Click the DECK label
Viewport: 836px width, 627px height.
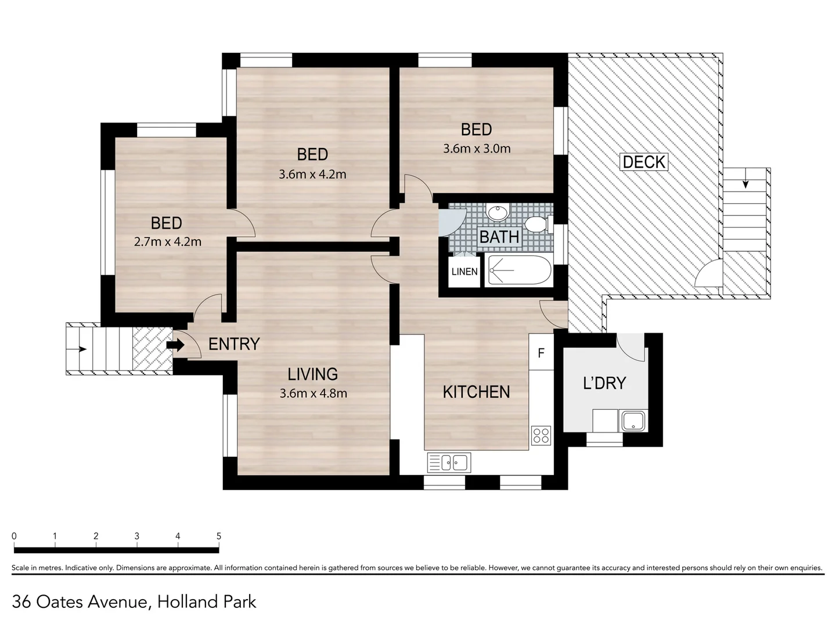coord(644,161)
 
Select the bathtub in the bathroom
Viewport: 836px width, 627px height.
coord(518,271)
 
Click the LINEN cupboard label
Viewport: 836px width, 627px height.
coord(464,272)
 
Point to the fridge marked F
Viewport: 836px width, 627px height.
coord(541,353)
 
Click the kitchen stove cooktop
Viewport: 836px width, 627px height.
coord(541,435)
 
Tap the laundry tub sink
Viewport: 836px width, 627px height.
coord(633,420)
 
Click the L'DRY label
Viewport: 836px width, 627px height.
coord(604,383)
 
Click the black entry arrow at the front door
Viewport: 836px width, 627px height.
coord(176,345)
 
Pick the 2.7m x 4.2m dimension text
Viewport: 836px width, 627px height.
coord(168,242)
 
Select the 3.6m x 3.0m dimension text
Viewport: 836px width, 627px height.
coord(477,149)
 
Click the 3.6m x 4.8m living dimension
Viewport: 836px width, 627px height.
coord(313,393)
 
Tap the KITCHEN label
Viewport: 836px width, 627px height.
coord(476,392)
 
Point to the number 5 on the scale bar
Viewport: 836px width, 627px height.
coord(219,536)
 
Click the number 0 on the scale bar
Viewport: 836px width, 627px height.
coord(14,536)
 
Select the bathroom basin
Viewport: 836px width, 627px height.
coord(497,212)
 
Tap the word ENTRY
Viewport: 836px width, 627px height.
coord(234,344)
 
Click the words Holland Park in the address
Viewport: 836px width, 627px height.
coord(207,601)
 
